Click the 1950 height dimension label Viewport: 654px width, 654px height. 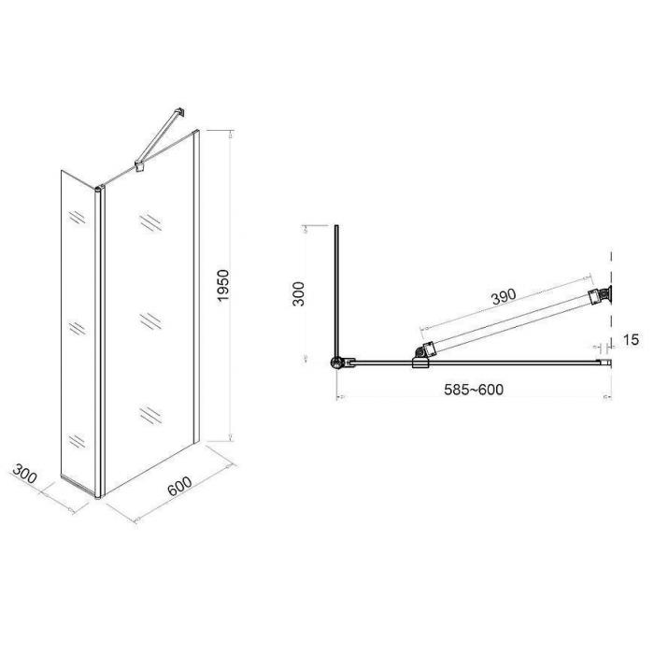pyautogui.click(x=223, y=286)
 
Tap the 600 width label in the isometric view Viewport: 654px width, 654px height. pyautogui.click(x=179, y=486)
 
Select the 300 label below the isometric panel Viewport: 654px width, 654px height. pyautogui.click(x=24, y=474)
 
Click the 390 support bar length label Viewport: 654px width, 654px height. pyautogui.click(x=504, y=296)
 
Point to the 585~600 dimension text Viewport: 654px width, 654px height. pyautogui.click(x=474, y=390)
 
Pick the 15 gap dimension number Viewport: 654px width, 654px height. pyautogui.click(x=631, y=339)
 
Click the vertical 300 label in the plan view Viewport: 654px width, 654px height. pyautogui.click(x=299, y=293)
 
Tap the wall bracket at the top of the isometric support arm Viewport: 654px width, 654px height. pyautogui.click(x=180, y=113)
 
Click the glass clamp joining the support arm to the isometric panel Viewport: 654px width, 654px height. pyautogui.click(x=140, y=165)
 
